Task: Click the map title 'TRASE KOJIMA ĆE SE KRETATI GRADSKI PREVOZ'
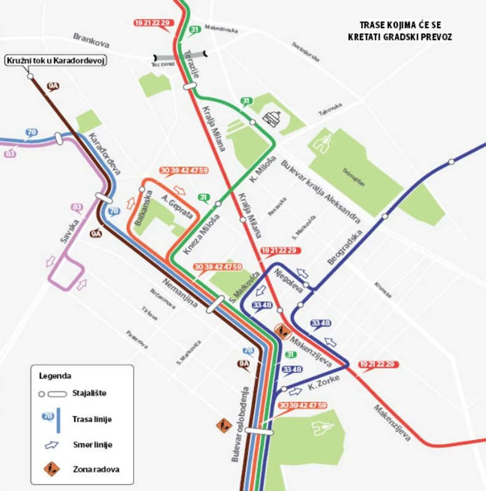point(405,31)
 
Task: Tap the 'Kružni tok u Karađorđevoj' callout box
point(56,60)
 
